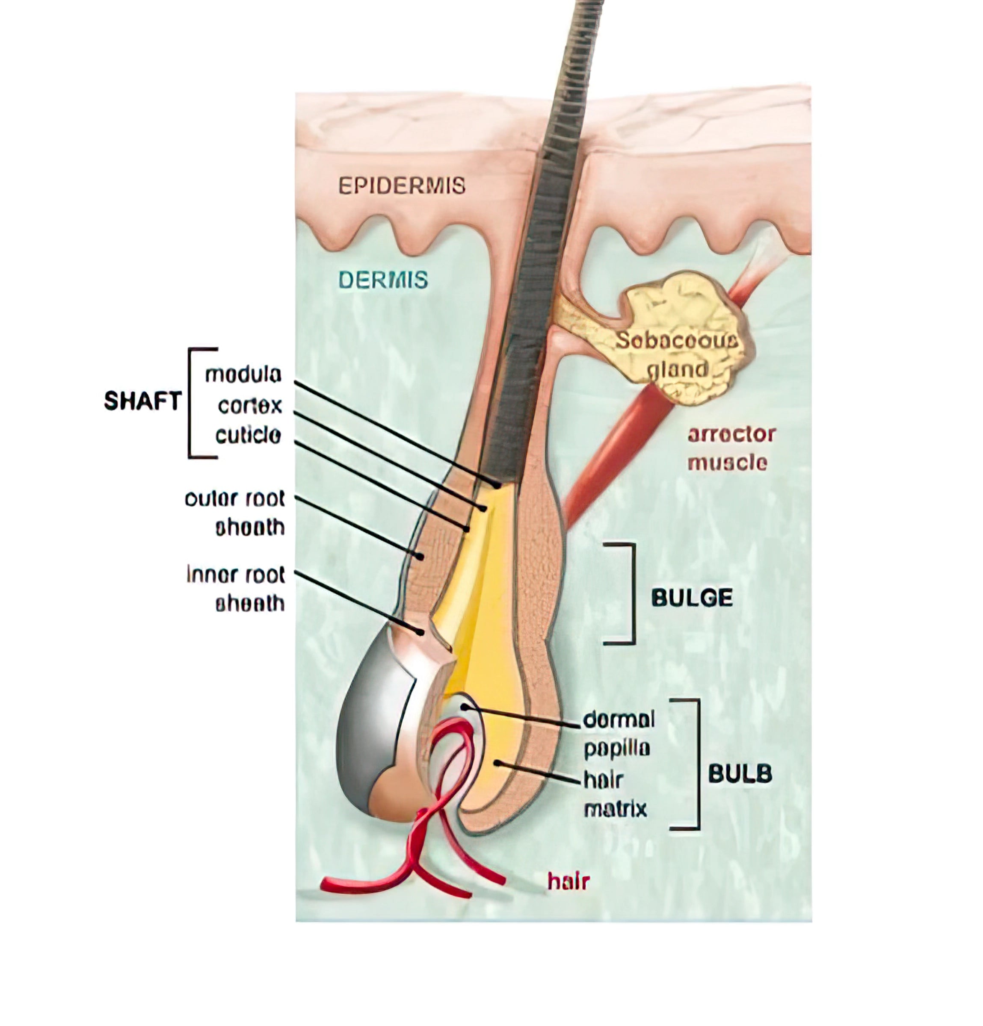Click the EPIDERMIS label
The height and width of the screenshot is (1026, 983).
pos(402,186)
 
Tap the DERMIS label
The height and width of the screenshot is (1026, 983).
pos(383,280)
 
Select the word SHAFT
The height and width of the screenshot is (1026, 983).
pos(142,401)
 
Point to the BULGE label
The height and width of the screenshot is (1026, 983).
pos(691,598)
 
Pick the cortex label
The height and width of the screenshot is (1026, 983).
pos(250,406)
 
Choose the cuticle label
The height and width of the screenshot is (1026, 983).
pos(248,435)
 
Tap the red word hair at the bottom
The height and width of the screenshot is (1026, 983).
pos(568,882)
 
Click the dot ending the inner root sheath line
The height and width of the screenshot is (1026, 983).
pos(420,632)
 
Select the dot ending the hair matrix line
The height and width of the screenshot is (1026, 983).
pos(497,763)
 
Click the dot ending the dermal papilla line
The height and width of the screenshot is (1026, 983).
pos(464,707)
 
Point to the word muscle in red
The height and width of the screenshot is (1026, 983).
pos(727,463)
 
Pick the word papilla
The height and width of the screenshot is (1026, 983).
pos(616,749)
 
